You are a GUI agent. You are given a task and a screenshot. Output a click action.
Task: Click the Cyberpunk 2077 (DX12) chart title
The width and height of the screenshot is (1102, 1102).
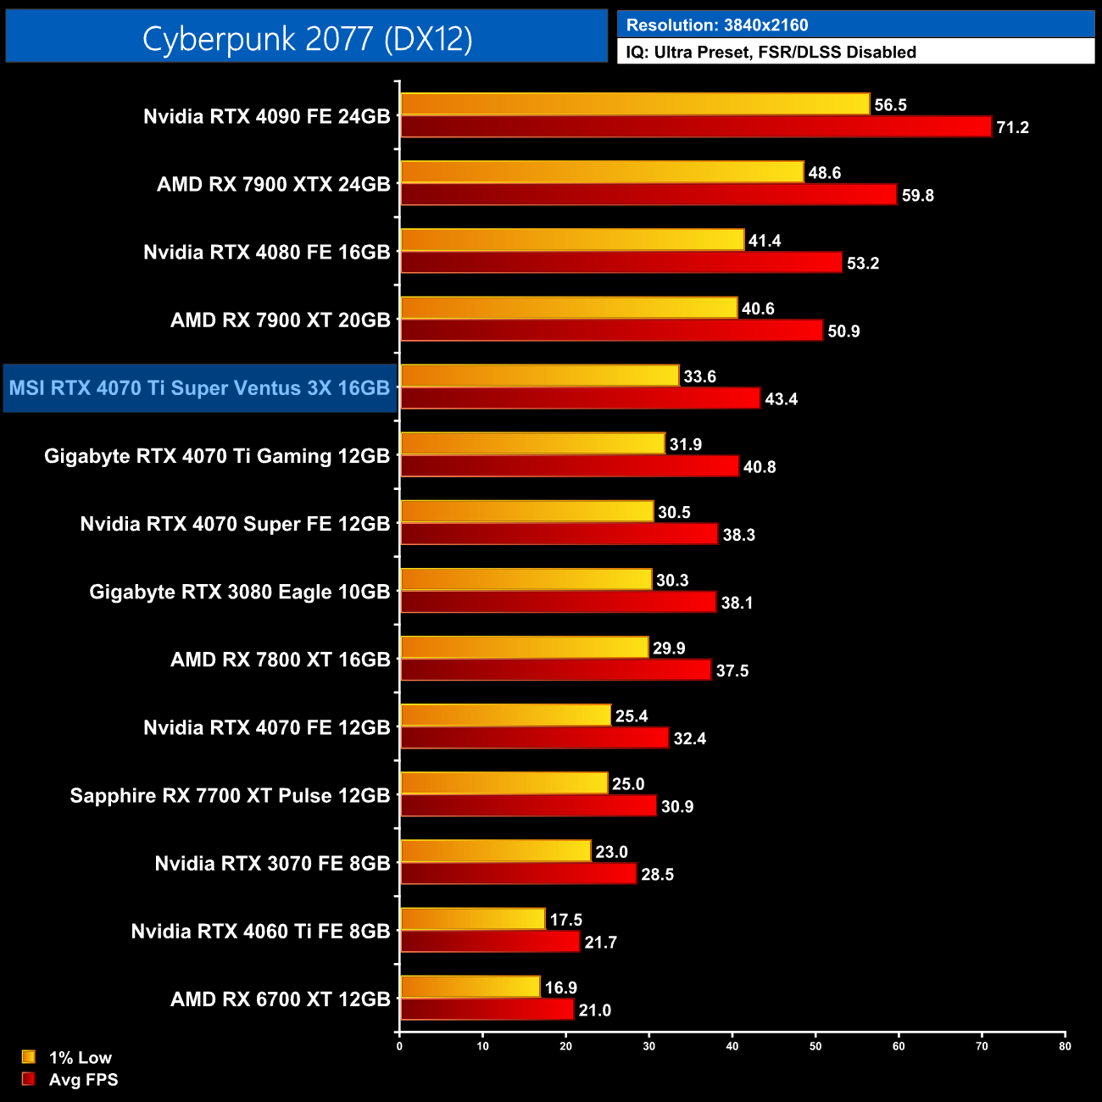[307, 38]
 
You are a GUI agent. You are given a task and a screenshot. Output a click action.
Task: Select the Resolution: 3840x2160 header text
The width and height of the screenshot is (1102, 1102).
[717, 25]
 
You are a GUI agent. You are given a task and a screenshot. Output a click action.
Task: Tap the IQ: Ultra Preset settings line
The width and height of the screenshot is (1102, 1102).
[771, 52]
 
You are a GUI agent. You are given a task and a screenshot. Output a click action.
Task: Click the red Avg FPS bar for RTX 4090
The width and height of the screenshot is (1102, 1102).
[695, 127]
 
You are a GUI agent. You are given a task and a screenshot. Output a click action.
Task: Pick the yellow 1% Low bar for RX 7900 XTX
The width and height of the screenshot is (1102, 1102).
[602, 172]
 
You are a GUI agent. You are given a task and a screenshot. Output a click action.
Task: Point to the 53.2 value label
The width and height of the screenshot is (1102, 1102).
[863, 264]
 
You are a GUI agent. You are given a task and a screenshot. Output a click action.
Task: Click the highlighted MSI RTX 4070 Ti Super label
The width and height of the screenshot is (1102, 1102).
[199, 388]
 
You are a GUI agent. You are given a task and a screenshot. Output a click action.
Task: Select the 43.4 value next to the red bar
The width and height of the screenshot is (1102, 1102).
[781, 399]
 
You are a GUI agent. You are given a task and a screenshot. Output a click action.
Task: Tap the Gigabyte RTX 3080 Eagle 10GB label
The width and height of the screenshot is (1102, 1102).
[239, 592]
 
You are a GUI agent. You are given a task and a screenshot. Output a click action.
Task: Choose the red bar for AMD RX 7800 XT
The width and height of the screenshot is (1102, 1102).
[555, 671]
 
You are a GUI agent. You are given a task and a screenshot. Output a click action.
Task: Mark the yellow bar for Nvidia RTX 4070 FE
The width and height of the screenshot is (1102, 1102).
[505, 715]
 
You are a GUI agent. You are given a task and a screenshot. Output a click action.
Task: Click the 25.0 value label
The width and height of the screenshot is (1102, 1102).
[628, 784]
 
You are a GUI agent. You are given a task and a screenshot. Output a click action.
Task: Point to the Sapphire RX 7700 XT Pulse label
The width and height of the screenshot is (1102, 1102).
[230, 795]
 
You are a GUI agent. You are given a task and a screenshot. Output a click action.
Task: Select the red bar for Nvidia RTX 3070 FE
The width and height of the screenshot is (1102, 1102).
[518, 874]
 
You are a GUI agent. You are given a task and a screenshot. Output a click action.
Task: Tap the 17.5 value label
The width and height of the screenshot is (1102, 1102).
[565, 920]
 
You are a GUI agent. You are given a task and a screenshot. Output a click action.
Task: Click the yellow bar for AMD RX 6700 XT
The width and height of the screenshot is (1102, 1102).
[470, 987]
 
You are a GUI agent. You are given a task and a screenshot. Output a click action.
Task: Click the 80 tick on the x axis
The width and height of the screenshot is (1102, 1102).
[1065, 1046]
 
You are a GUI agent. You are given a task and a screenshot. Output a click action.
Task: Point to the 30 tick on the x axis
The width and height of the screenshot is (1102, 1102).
[649, 1046]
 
